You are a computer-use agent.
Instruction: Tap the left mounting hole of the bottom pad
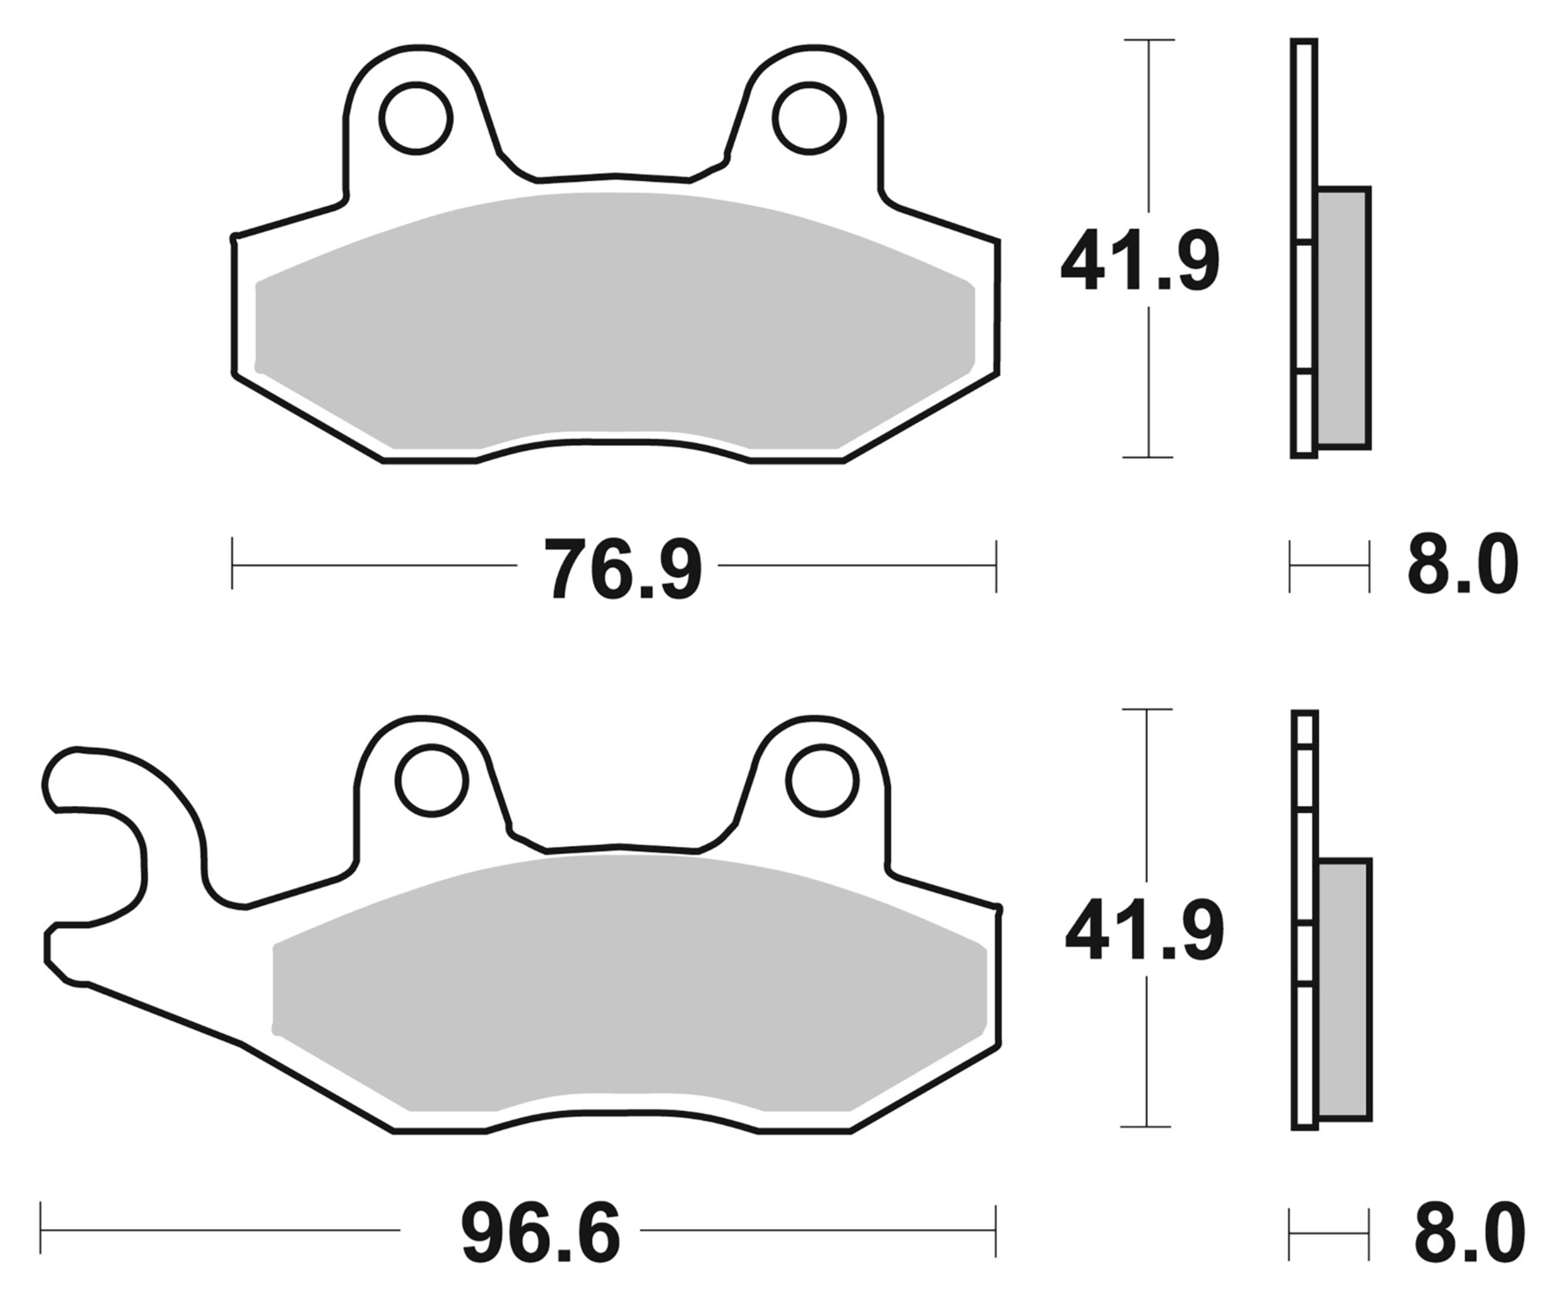pos(431,780)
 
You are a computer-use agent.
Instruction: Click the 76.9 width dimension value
pos(622,569)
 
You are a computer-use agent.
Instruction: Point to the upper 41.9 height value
pos(1139,260)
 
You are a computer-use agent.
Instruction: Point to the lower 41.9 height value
pos(1143,930)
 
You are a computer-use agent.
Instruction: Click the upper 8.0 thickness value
pos(1462,565)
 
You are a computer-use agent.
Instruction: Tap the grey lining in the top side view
pos(1343,317)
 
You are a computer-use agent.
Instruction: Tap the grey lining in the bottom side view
pos(1344,988)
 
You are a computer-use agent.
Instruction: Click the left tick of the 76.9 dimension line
pos(232,564)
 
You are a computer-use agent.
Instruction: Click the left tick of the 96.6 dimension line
pos(41,1229)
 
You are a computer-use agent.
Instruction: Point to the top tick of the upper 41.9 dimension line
pos(1149,40)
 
